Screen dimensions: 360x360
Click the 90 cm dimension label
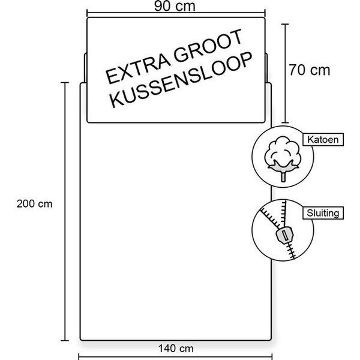tap(175, 6)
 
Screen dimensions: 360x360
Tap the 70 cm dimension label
tap(309, 70)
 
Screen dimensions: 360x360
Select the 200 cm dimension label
tap(34, 204)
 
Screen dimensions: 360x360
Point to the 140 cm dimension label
tap(176, 349)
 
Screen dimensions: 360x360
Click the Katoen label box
tap(323, 139)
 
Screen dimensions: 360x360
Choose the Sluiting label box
tap(323, 213)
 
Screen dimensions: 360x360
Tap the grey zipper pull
tap(284, 235)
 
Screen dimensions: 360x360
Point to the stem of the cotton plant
tap(284, 177)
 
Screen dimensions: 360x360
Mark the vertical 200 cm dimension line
tap(65, 211)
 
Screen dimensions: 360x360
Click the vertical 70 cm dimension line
tap(285, 73)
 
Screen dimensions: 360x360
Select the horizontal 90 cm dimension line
tap(176, 13)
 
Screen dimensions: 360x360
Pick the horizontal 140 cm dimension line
tap(175, 357)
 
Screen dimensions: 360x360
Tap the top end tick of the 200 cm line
tap(65, 82)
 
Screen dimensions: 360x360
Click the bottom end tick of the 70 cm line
tap(285, 123)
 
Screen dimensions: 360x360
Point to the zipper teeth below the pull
tap(291, 251)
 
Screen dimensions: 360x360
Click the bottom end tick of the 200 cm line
tap(65, 340)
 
